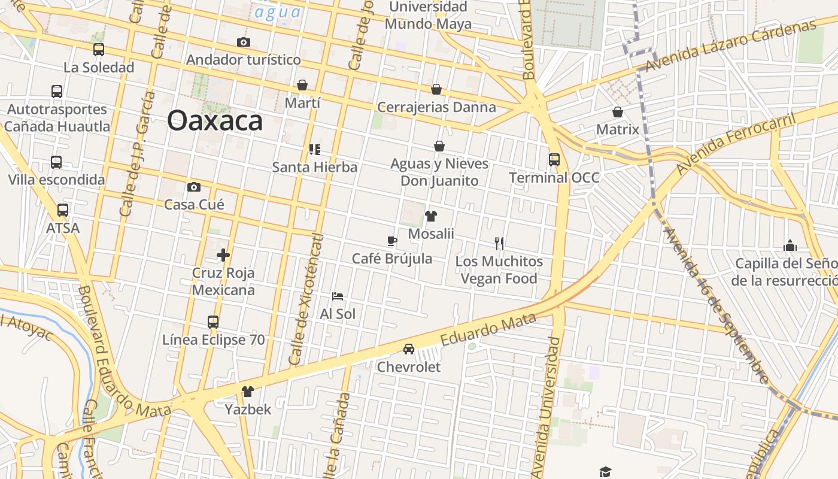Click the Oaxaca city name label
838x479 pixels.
coord(215,120)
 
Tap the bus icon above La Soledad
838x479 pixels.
coord(99,50)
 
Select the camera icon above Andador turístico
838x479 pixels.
coord(243,42)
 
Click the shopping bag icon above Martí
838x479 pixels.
coord(302,85)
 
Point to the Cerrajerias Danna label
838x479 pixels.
coord(436,107)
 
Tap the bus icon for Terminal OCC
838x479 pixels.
coord(554,160)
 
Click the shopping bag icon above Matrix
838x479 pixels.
coord(618,112)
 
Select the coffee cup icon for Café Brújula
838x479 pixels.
coord(391,241)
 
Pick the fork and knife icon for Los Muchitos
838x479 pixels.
coord(499,243)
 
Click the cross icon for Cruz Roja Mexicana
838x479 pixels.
coord(223,255)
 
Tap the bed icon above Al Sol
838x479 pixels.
coord(338,296)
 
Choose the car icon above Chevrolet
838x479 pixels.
coord(409,349)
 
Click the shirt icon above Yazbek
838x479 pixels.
coord(247,392)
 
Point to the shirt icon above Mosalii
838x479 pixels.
coord(431,216)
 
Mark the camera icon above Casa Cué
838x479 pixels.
coord(193,187)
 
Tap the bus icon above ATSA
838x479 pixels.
coord(63,210)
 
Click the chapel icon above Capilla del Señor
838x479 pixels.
coord(790,245)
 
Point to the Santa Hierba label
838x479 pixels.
coord(315,167)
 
